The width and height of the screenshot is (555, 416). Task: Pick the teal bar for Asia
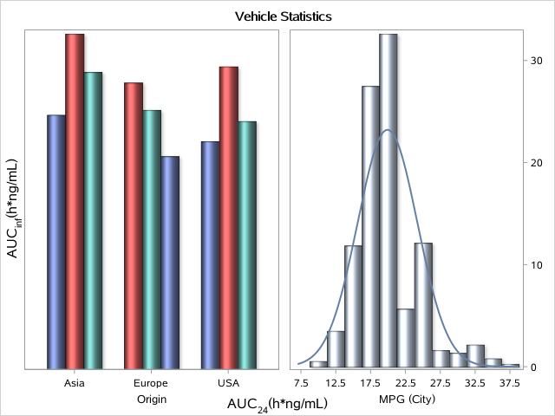click(93, 220)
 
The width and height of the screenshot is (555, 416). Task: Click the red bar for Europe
click(134, 225)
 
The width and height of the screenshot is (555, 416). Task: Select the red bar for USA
click(228, 218)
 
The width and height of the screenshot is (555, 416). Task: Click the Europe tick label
click(151, 383)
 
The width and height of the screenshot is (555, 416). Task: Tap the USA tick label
click(228, 383)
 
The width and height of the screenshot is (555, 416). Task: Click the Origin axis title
click(151, 400)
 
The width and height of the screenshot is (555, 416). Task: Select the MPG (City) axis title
click(406, 400)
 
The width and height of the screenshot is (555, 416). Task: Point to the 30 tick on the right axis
click(537, 60)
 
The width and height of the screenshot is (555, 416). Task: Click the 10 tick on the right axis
click(537, 265)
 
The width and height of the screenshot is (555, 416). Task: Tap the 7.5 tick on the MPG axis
click(301, 382)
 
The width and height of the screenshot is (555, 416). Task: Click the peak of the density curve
click(388, 130)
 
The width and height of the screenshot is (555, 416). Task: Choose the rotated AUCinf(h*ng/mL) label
click(14, 208)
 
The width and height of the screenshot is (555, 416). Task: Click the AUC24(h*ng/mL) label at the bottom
click(277, 405)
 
